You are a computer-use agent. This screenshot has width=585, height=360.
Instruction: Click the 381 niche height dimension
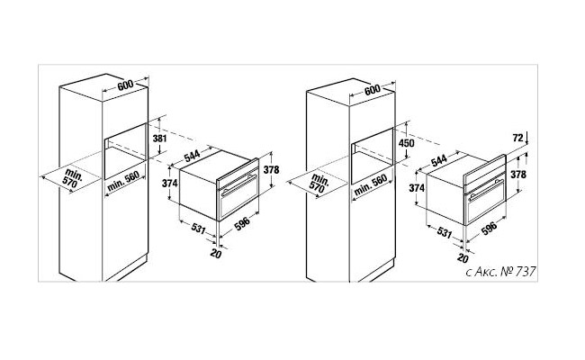(x=159, y=139)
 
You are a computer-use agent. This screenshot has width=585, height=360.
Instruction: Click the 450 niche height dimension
(x=406, y=143)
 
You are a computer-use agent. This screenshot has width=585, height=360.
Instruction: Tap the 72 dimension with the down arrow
(x=517, y=138)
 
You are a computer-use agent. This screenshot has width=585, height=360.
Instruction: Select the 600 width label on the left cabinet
(x=125, y=85)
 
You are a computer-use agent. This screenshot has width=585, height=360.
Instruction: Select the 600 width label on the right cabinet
(x=373, y=89)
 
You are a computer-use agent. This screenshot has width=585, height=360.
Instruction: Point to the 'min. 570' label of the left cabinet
(x=72, y=178)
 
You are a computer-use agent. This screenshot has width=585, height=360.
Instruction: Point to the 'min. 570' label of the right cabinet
(x=319, y=184)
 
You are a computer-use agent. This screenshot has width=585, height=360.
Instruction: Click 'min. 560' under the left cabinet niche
(x=123, y=181)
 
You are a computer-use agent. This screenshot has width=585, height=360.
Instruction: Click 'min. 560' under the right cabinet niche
(x=371, y=185)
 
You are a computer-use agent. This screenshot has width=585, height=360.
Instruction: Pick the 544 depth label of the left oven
(x=193, y=155)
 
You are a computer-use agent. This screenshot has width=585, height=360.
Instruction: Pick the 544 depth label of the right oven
(x=439, y=160)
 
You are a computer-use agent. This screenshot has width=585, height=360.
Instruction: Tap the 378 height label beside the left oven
(x=271, y=170)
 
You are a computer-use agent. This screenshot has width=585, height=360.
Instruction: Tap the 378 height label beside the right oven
(x=518, y=175)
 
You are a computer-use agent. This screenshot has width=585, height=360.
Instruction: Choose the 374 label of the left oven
(x=170, y=184)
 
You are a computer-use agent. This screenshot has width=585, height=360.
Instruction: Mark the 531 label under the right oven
(x=445, y=233)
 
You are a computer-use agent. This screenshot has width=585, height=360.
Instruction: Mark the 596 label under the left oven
(x=242, y=224)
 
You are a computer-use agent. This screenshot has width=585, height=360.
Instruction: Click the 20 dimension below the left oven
(x=216, y=253)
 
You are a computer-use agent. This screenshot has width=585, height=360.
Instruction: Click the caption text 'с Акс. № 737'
(x=501, y=271)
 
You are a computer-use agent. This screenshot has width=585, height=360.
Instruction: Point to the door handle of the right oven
(x=486, y=190)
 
